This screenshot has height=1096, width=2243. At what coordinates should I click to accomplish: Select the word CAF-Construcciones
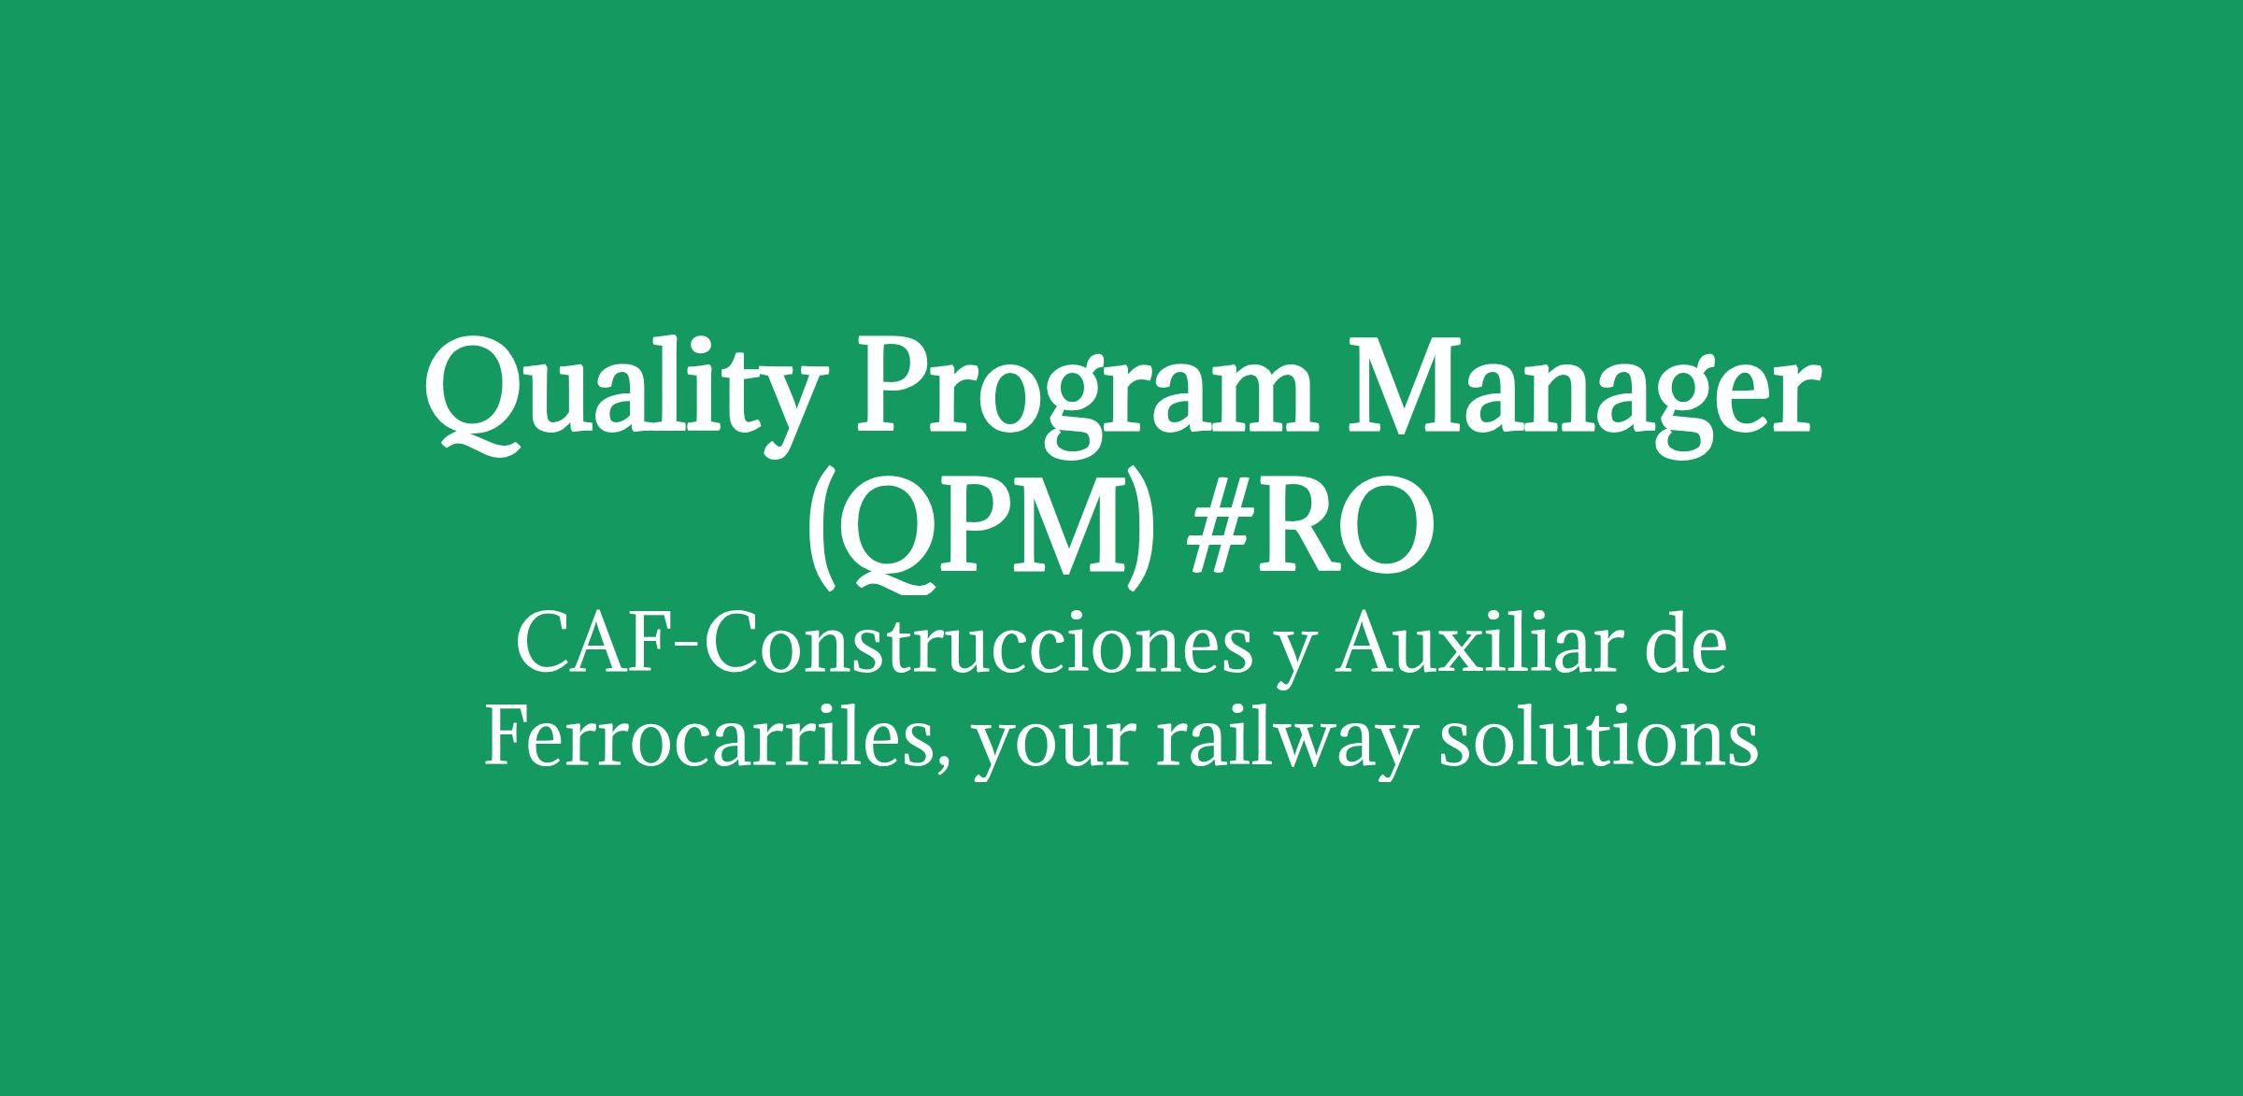click(883, 647)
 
